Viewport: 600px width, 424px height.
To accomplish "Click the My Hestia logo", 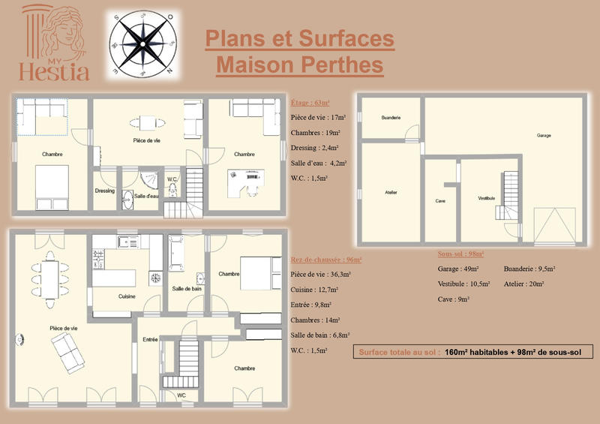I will click(55, 44).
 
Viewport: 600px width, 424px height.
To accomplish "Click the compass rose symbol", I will click(142, 44).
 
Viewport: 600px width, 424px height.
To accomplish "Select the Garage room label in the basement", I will click(544, 136).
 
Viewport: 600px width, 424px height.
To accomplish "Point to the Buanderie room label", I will click(391, 118).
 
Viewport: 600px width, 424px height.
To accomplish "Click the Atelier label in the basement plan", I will click(391, 193).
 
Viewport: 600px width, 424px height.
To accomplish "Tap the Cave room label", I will click(441, 201).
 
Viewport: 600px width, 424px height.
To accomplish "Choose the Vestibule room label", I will click(486, 198).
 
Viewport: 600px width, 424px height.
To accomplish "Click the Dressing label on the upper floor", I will click(105, 191).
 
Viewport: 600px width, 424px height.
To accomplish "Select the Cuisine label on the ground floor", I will click(127, 296).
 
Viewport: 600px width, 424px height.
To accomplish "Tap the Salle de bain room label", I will click(186, 288).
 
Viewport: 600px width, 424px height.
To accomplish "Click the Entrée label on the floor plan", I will click(150, 340).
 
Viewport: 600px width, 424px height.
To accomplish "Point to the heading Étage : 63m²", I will click(310, 102).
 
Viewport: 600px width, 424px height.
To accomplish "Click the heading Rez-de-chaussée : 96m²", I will click(326, 260).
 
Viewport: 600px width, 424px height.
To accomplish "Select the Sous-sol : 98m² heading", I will click(460, 254).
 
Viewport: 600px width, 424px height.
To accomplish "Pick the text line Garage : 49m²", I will click(458, 269).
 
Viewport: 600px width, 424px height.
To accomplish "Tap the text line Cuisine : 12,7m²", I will click(314, 290).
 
